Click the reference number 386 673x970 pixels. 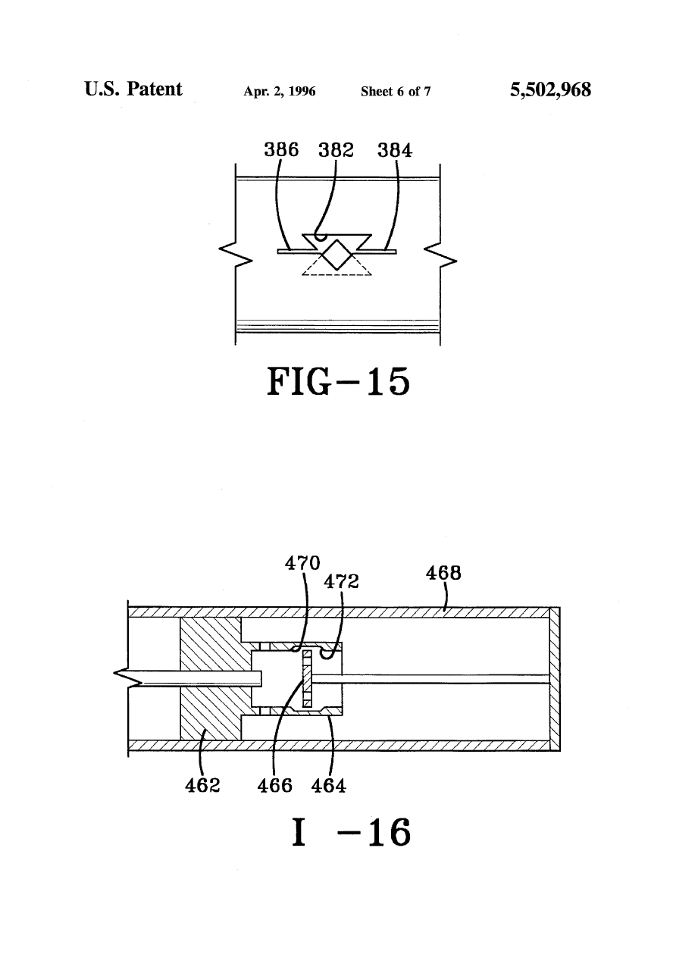point(281,150)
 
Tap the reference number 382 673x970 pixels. point(336,150)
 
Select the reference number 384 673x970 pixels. point(395,150)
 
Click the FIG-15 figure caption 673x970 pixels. point(338,381)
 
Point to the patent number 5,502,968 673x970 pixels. point(550,90)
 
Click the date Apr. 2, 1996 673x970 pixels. point(280,92)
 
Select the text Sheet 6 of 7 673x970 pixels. point(396,92)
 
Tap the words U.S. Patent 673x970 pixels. point(133,89)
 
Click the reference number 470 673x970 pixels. point(302,563)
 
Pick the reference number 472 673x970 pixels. point(341,581)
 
